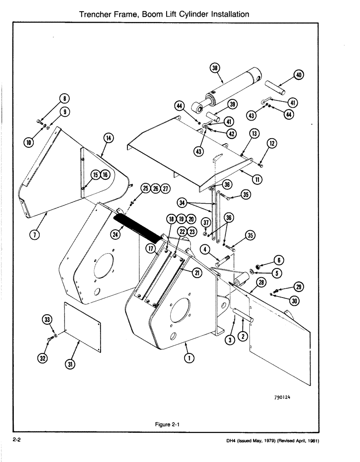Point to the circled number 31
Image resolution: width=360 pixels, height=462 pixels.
(70, 364)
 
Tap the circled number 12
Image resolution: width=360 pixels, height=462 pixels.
(272, 144)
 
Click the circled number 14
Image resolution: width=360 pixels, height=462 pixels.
(108, 137)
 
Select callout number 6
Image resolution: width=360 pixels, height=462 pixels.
(280, 261)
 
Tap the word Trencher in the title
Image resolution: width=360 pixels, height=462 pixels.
(97, 14)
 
